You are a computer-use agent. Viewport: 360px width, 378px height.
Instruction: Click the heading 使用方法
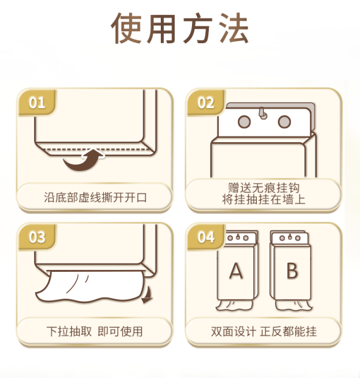point(179,28)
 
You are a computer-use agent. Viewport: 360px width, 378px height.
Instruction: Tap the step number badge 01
point(37,103)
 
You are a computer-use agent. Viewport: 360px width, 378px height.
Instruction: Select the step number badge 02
point(206,103)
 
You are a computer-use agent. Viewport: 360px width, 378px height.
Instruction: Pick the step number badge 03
point(37,237)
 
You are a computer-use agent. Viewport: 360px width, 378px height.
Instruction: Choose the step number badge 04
point(206,237)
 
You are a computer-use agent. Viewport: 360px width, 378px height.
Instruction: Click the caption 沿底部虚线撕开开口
point(95,197)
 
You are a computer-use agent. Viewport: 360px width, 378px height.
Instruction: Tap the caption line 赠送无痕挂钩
point(263,188)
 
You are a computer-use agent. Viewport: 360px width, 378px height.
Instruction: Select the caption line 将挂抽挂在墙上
point(263,200)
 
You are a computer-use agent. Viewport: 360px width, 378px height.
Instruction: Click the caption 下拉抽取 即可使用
point(95,331)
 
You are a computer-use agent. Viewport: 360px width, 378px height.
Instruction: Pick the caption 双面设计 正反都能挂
point(263,331)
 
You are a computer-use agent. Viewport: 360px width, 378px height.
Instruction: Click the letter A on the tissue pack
point(236,271)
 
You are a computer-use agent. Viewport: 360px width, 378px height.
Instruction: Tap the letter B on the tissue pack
point(292,271)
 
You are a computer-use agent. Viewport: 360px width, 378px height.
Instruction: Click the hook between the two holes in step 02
point(263,113)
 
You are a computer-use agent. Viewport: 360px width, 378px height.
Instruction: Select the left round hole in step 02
point(244,122)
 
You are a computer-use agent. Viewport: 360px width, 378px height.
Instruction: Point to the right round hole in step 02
point(284,122)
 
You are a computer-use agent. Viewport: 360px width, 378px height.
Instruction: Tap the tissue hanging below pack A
point(234,305)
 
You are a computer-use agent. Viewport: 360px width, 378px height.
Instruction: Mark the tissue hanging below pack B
point(293,305)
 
